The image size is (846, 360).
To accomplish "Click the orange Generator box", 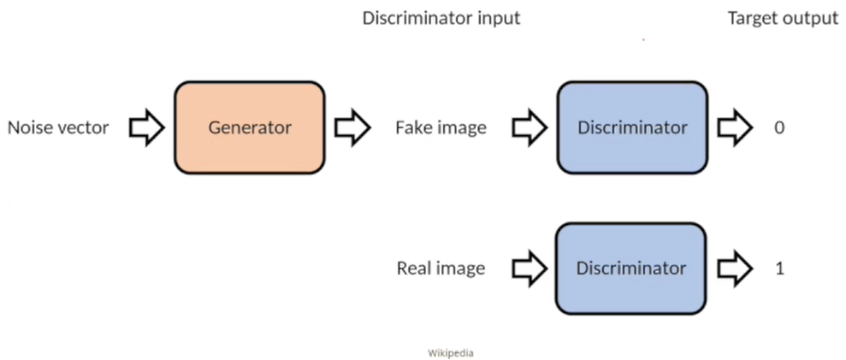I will pyautogui.click(x=249, y=127).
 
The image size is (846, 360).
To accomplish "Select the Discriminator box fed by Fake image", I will pyautogui.click(x=632, y=127).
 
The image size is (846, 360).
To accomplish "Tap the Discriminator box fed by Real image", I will pyautogui.click(x=631, y=269).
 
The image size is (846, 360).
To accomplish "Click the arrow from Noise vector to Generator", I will pyautogui.click(x=146, y=128).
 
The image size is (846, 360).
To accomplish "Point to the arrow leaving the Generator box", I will pyautogui.click(x=352, y=128).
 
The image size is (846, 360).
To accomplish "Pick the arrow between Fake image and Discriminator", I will pyautogui.click(x=529, y=128).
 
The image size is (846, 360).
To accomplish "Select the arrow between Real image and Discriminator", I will pyautogui.click(x=529, y=269).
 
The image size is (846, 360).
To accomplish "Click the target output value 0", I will pyautogui.click(x=778, y=128).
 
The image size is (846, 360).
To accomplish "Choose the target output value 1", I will pyautogui.click(x=779, y=269).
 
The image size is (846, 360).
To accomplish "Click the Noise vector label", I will pyautogui.click(x=58, y=128).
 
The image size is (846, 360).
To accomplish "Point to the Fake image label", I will pyautogui.click(x=441, y=128).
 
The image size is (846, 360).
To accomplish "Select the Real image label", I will pyautogui.click(x=441, y=269).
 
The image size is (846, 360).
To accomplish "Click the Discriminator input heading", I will pyautogui.click(x=441, y=18).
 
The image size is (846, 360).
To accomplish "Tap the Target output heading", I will pyautogui.click(x=783, y=19).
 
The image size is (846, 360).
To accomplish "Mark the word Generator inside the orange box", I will pyautogui.click(x=250, y=127).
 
